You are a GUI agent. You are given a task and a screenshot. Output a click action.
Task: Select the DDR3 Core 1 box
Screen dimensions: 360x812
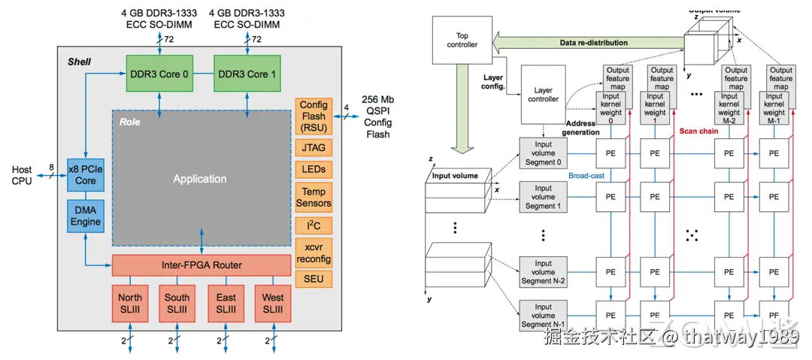tap(247, 74)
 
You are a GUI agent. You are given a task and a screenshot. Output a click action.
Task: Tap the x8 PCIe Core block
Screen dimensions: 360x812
tap(86, 176)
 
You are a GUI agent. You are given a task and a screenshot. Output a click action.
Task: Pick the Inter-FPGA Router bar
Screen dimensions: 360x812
tap(201, 265)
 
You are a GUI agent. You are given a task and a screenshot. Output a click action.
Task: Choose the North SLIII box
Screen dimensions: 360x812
tap(129, 303)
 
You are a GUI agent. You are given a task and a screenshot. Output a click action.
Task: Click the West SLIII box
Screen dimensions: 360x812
tap(273, 303)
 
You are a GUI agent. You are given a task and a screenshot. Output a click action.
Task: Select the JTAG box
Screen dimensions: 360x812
tap(314, 148)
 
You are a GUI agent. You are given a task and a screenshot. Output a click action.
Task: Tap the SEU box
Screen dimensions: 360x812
tap(314, 279)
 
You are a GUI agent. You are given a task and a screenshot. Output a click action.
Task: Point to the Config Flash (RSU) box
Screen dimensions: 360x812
tap(314, 116)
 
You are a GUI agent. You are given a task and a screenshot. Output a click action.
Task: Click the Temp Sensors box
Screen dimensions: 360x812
tap(314, 197)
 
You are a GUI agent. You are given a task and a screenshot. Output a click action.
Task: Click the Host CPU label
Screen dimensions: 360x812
tap(22, 175)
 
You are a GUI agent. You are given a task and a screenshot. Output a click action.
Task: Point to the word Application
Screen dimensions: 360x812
tap(199, 179)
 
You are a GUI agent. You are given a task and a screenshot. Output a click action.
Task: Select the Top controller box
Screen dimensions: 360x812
tap(462, 40)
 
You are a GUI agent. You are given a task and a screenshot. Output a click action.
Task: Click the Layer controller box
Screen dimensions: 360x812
tap(543, 95)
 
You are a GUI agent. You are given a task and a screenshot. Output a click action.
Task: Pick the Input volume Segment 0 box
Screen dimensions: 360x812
tap(544, 153)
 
